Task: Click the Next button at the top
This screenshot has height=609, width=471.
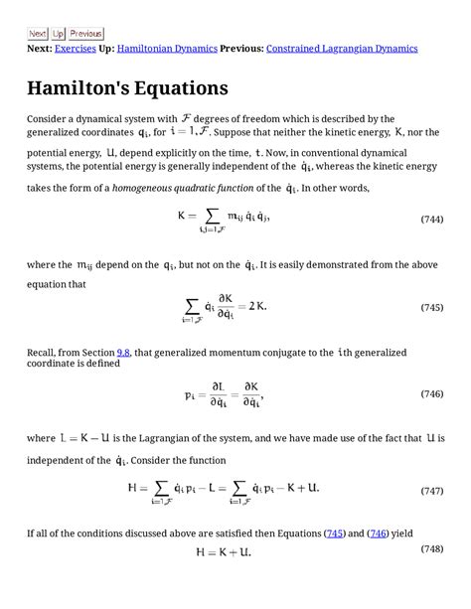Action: [38, 34]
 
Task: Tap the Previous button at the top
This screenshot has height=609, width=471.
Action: [86, 34]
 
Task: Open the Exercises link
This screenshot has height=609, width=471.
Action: [76, 48]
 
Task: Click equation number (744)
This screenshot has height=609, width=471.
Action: [431, 219]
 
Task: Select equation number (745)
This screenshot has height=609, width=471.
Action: [431, 308]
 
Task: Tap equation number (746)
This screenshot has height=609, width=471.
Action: [431, 394]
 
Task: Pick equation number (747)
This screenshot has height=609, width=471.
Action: [431, 490]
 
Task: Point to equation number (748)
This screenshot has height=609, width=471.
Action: [431, 548]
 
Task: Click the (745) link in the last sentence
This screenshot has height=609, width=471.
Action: [335, 533]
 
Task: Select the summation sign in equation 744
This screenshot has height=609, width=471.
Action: [212, 216]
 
